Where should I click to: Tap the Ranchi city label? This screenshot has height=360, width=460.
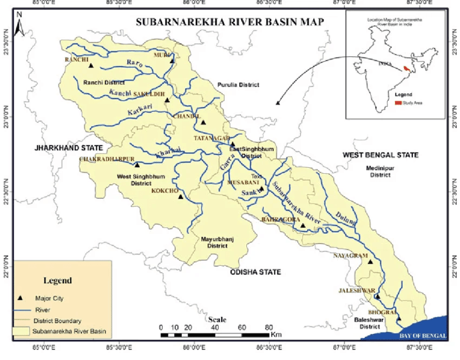76,60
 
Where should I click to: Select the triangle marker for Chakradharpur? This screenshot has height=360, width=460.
137,165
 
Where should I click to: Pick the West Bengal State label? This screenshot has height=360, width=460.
380,155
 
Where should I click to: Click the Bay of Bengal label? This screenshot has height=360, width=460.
423,336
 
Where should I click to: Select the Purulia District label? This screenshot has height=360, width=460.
238,85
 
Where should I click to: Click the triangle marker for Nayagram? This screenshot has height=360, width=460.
371,262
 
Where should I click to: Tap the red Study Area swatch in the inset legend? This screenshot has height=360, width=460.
398,102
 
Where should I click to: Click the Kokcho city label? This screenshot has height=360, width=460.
163,191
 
